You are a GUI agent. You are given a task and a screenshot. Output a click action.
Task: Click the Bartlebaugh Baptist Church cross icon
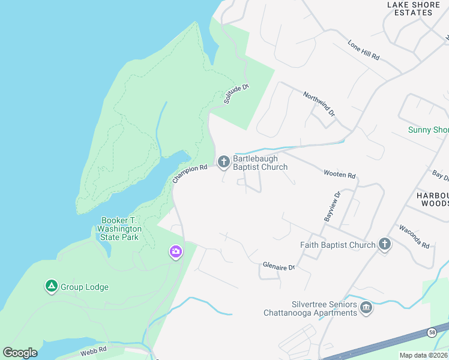pyautogui.click(x=223, y=161)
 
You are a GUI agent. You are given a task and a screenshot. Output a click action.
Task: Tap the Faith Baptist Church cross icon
pyautogui.click(x=384, y=244)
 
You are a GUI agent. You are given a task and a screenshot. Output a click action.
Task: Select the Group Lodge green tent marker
pyautogui.click(x=51, y=286)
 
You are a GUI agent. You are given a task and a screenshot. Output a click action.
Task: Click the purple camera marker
pyautogui.click(x=175, y=251)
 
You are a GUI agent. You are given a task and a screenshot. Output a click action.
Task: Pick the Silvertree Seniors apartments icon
pyautogui.click(x=366, y=308)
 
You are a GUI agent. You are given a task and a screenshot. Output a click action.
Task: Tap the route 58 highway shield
pyautogui.click(x=432, y=332)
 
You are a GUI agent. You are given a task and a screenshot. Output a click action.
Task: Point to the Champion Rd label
pyautogui.click(x=190, y=174)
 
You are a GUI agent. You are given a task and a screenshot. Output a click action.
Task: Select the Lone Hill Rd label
pyautogui.click(x=364, y=50)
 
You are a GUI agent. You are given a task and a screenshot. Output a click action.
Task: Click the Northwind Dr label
pyautogui.click(x=319, y=104)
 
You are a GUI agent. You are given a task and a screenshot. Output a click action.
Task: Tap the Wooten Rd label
pyautogui.click(x=340, y=175)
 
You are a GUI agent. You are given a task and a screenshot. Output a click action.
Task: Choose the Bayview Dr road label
pyautogui.click(x=332, y=206)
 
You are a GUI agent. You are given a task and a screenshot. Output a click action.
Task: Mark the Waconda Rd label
pyautogui.click(x=415, y=237)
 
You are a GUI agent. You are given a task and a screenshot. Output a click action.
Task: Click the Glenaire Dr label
pyautogui.click(x=279, y=266)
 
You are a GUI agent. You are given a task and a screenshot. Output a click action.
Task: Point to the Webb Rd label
pyautogui.click(x=94, y=349)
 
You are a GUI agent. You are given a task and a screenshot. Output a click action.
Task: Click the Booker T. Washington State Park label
pyautogui.click(x=121, y=229)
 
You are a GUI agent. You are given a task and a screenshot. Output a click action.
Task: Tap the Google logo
pyautogui.click(x=20, y=353)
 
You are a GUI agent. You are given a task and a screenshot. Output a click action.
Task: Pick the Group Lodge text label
pyautogui.click(x=85, y=287)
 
